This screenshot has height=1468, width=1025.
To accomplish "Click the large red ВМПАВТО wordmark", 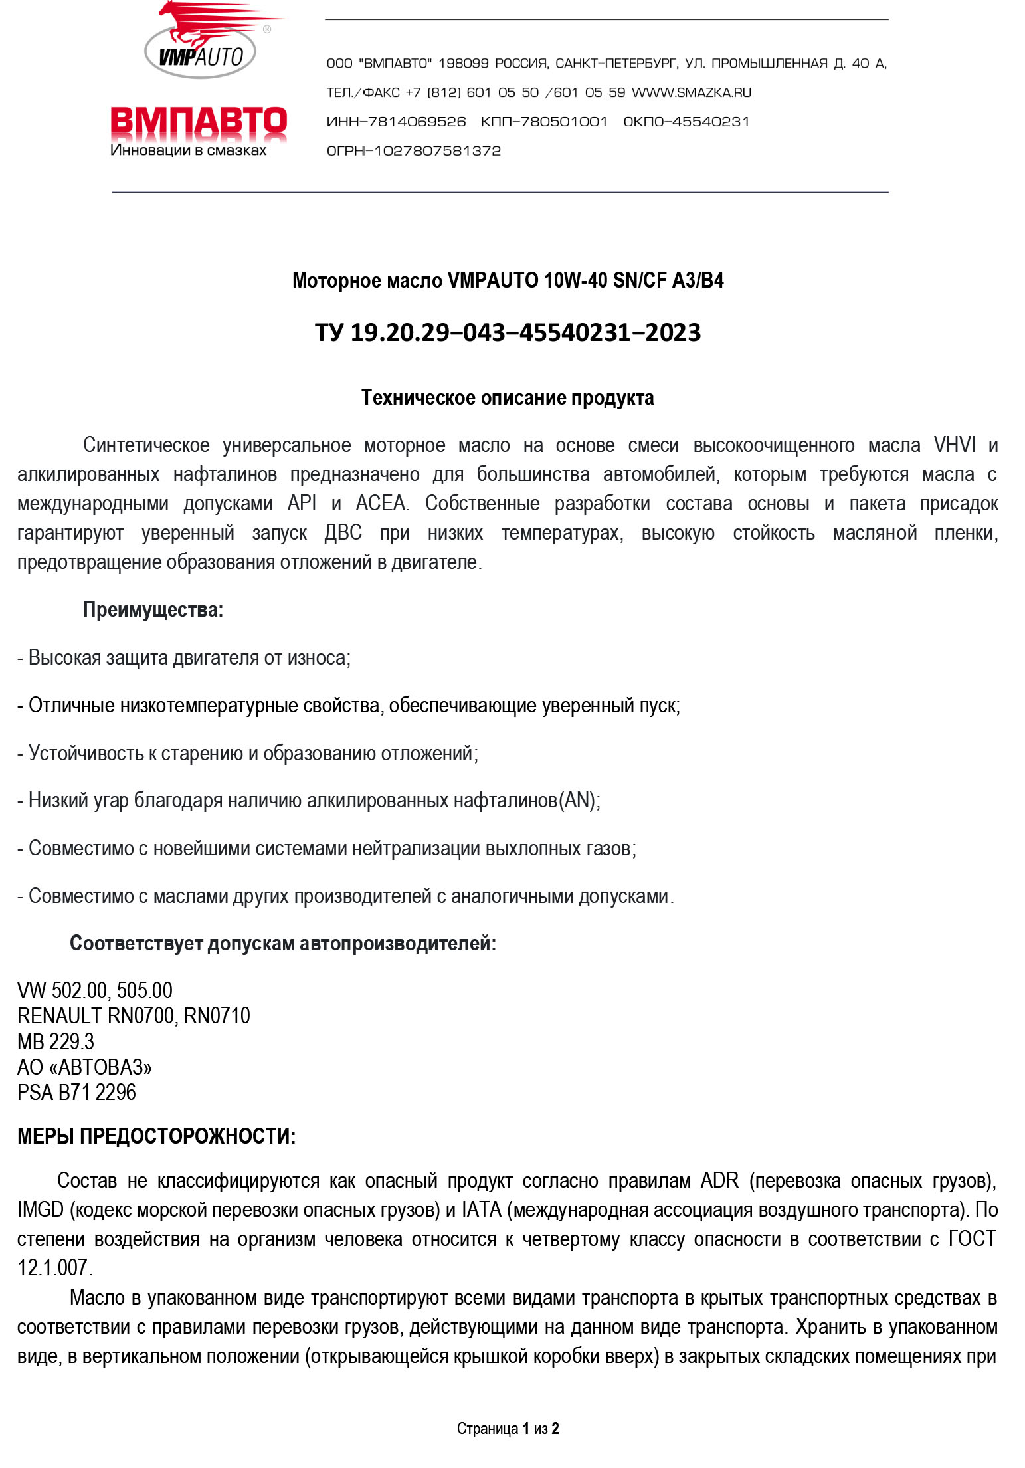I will tap(199, 123).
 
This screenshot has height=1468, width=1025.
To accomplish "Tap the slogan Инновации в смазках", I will tap(188, 151).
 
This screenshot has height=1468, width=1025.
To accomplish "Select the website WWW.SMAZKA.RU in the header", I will tap(691, 93).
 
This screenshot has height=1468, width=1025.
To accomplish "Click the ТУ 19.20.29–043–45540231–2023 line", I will tap(508, 332).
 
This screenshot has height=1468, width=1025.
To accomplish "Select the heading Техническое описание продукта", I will tap(508, 397).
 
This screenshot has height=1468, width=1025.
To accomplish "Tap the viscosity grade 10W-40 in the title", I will tap(575, 280).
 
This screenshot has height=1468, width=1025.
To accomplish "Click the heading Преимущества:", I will tap(153, 609).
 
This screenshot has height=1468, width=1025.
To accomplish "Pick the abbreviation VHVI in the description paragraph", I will tap(955, 445).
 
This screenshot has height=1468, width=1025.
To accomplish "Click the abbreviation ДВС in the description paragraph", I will tap(343, 532).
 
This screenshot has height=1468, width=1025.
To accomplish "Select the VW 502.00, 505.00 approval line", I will tap(95, 990).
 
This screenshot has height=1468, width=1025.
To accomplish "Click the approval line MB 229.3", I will tap(56, 1041).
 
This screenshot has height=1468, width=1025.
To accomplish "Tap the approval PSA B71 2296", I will tap(76, 1092).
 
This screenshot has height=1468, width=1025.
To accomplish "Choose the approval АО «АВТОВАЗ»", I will tap(84, 1067).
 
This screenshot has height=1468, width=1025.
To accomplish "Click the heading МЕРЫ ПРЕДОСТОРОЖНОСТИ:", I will tap(156, 1136).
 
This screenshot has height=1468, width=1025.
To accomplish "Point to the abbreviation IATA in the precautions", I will tap(481, 1209).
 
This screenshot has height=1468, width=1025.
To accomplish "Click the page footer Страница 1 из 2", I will tap(508, 1428).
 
